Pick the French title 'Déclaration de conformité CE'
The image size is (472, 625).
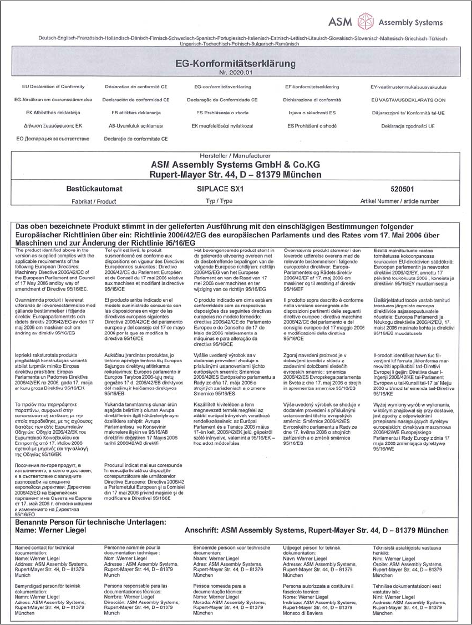[x=135, y=87]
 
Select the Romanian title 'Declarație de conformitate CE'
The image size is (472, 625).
[x=135, y=139]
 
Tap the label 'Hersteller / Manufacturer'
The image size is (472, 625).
[x=236, y=156]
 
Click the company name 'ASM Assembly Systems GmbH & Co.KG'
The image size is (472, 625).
[x=236, y=165]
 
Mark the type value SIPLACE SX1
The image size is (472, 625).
[x=220, y=189]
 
